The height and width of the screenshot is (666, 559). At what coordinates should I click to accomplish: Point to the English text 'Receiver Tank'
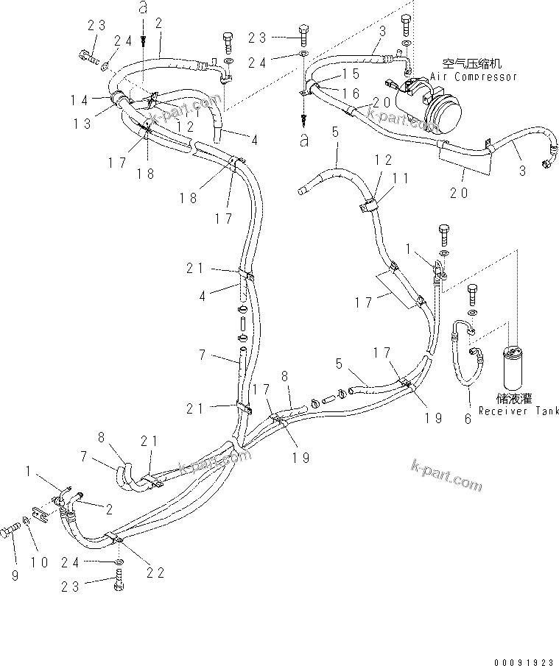(x=518, y=411)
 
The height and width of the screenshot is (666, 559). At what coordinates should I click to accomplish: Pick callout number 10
(x=39, y=562)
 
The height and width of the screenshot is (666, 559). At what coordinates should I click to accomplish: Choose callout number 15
(x=349, y=74)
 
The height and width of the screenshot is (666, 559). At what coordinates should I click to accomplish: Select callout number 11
(x=398, y=177)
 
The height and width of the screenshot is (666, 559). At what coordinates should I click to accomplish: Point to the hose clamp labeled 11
(x=370, y=205)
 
